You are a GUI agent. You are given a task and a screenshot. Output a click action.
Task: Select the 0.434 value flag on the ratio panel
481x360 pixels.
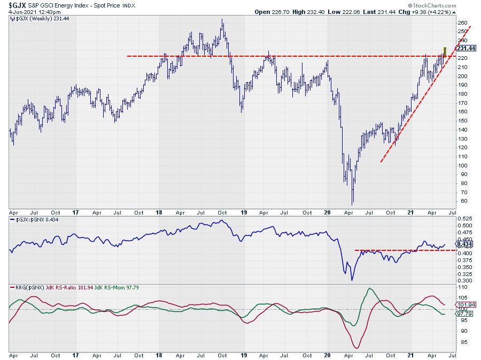click(x=464, y=244)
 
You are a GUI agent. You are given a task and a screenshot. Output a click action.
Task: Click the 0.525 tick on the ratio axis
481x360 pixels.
click(x=466, y=218)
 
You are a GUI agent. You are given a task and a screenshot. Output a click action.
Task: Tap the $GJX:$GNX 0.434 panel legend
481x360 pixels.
click(x=33, y=220)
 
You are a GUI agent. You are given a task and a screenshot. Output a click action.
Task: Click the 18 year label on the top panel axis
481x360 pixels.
click(x=159, y=212)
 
